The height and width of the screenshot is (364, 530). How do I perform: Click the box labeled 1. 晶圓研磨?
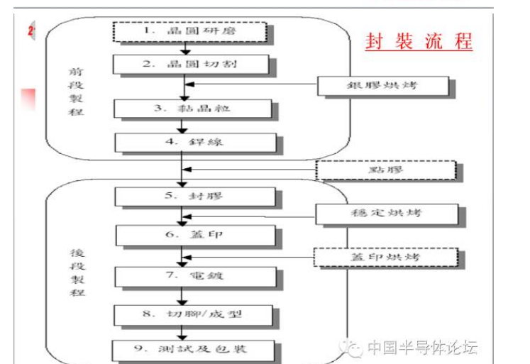pyautogui.click(x=189, y=31)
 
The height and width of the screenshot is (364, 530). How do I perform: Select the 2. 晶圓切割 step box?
pyautogui.click(x=191, y=65)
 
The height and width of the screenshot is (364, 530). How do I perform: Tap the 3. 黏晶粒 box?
pyautogui.click(x=192, y=109)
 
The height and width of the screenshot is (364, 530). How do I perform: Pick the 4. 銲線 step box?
pyautogui.click(x=194, y=142)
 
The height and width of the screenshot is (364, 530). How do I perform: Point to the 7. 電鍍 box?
pyautogui.click(x=192, y=275)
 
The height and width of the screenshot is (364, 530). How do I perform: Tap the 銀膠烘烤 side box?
pyautogui.click(x=383, y=85)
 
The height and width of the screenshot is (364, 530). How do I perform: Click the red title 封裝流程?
pyautogui.click(x=419, y=40)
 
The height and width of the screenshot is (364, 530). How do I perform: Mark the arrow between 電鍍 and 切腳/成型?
pyautogui.click(x=183, y=294)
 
